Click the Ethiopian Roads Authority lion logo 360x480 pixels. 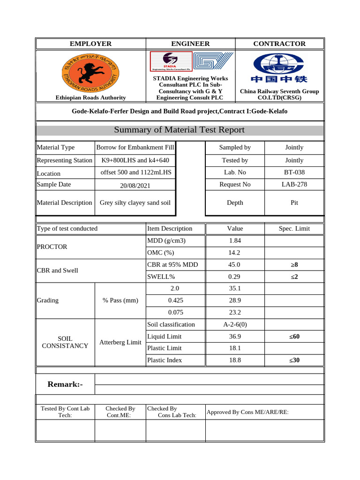[90, 72]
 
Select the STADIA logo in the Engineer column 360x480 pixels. [171, 61]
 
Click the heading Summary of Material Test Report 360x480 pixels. [179, 130]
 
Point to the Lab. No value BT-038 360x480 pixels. [294, 172]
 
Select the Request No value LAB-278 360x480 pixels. [294, 184]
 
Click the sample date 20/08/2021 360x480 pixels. [135, 186]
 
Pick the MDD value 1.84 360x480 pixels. [234, 240]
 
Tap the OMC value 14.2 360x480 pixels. [234, 253]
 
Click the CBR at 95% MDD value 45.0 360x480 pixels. [234, 265]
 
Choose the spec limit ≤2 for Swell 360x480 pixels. [294, 277]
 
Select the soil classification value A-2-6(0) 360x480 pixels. [234, 324]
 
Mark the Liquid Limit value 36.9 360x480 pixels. [234, 337]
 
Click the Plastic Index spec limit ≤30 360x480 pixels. [294, 360]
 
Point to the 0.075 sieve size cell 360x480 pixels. [175, 312]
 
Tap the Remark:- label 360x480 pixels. [65, 384]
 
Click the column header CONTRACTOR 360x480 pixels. [279, 44]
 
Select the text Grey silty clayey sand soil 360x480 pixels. [135, 202]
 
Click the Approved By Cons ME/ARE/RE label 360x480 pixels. [247, 412]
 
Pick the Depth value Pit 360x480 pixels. [294, 202]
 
